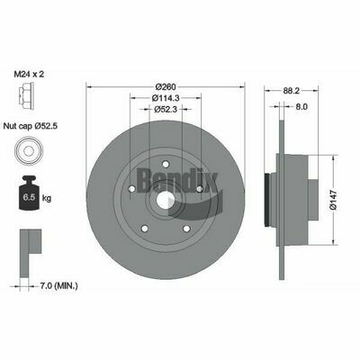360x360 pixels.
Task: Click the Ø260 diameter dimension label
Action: pos(166,86)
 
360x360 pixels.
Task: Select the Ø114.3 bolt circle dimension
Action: pos(166,98)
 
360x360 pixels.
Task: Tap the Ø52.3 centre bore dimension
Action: pos(166,110)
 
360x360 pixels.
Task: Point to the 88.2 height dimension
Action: pos(291,90)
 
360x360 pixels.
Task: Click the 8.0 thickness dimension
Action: pos(301,106)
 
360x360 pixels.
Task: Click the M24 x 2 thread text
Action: pos(29,74)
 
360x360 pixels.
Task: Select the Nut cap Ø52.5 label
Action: pos(30,126)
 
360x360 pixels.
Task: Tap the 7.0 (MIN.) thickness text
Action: pos(58,286)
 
